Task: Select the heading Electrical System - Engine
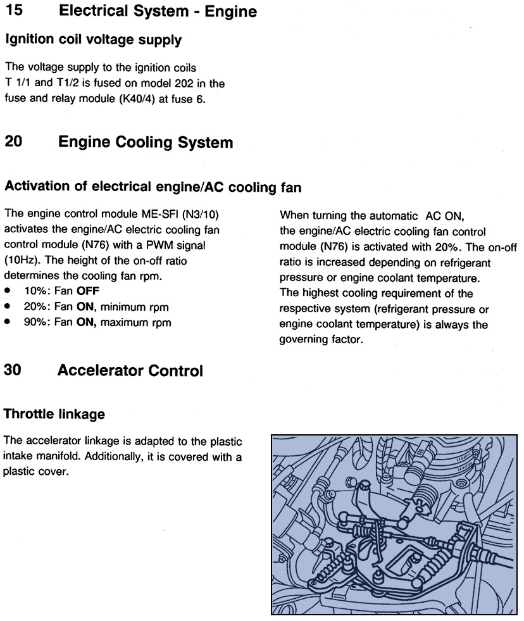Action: (x=157, y=11)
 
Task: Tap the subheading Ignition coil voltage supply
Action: (x=93, y=40)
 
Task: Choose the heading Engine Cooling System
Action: (x=145, y=142)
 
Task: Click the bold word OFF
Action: (x=88, y=292)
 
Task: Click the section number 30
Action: (x=14, y=371)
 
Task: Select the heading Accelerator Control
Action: (x=130, y=371)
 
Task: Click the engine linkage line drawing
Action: (x=394, y=524)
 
